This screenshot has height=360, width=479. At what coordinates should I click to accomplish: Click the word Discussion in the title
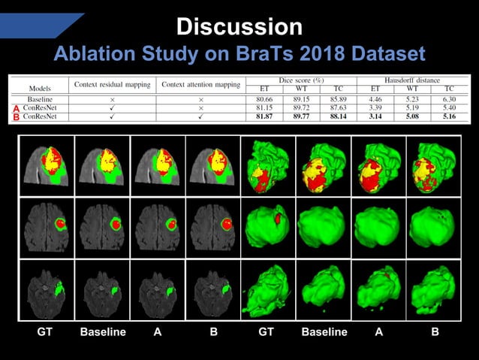click(x=239, y=27)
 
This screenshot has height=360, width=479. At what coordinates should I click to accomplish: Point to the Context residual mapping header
click(x=112, y=83)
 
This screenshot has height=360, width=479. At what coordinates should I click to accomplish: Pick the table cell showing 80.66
click(x=259, y=98)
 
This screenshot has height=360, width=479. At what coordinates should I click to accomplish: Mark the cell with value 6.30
click(x=449, y=98)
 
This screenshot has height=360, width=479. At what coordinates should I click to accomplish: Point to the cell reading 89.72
click(x=299, y=108)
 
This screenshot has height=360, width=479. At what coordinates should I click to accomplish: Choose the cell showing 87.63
click(x=338, y=108)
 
